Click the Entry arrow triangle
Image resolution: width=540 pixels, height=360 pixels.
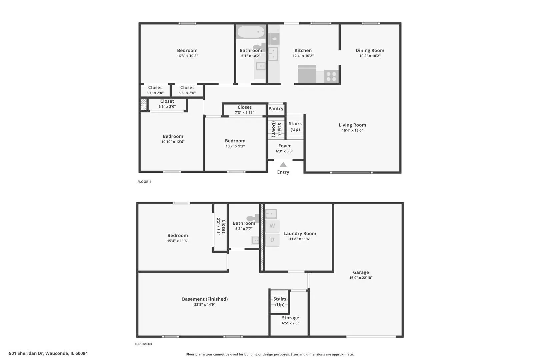(x=283, y=165)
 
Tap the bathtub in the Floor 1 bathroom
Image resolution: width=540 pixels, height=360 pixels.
(x=251, y=32)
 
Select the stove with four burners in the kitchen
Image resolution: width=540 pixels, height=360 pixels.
(x=331, y=76)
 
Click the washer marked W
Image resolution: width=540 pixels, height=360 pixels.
(x=272, y=226)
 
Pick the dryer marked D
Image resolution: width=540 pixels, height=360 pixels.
(x=272, y=240)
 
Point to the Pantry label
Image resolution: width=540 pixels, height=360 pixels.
(x=276, y=109)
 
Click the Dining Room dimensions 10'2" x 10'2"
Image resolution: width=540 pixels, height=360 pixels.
(x=370, y=56)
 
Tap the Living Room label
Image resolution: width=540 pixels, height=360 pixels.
(x=352, y=125)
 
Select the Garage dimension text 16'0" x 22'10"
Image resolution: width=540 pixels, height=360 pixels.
(x=361, y=278)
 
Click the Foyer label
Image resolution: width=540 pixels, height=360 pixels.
(x=284, y=146)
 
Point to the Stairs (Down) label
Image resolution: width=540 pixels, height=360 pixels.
(x=277, y=129)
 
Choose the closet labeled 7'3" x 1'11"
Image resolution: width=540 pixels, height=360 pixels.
(x=244, y=110)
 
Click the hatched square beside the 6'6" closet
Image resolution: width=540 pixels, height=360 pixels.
(x=143, y=104)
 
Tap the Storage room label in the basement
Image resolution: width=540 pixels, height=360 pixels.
(x=290, y=318)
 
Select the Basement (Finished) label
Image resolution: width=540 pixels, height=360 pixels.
(x=205, y=299)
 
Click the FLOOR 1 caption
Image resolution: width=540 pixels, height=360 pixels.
(x=144, y=182)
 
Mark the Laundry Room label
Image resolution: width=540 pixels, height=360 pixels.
(x=300, y=233)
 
